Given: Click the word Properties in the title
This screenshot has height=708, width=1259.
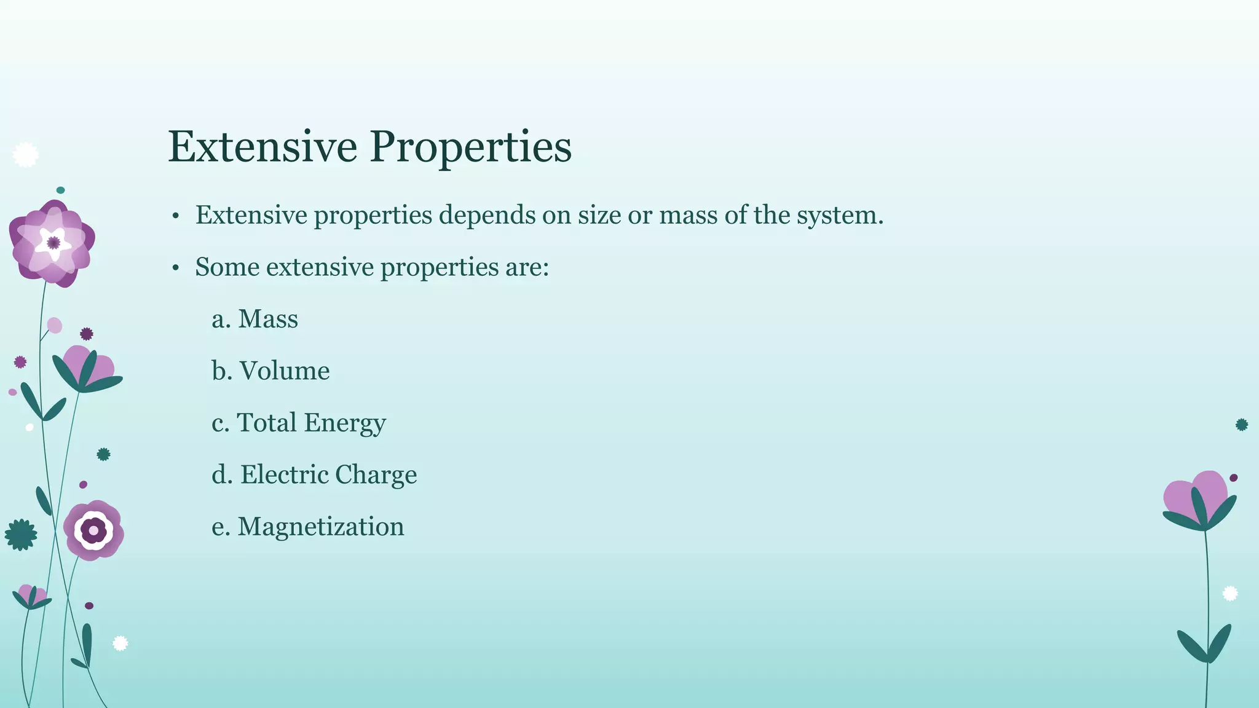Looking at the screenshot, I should click(470, 147).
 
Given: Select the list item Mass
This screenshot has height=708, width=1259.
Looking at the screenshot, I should click(267, 319).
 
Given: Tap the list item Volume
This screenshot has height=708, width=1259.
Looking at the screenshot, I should click(284, 371).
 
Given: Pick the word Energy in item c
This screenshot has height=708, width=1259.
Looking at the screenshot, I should click(345, 423).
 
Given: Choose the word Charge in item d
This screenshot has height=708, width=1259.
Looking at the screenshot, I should click(376, 475).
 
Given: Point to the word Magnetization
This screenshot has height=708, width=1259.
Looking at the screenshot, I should click(321, 527).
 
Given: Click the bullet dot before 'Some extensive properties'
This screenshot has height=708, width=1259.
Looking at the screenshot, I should click(175, 268).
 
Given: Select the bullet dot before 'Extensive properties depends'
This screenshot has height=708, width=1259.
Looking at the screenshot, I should click(175, 216).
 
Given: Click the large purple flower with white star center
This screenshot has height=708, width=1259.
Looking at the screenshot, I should click(53, 243).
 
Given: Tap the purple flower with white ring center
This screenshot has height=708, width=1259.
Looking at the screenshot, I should click(93, 530).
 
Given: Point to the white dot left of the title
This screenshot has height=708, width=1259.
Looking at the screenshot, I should click(25, 155).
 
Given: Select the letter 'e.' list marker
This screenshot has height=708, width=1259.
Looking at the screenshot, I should click(220, 527).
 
